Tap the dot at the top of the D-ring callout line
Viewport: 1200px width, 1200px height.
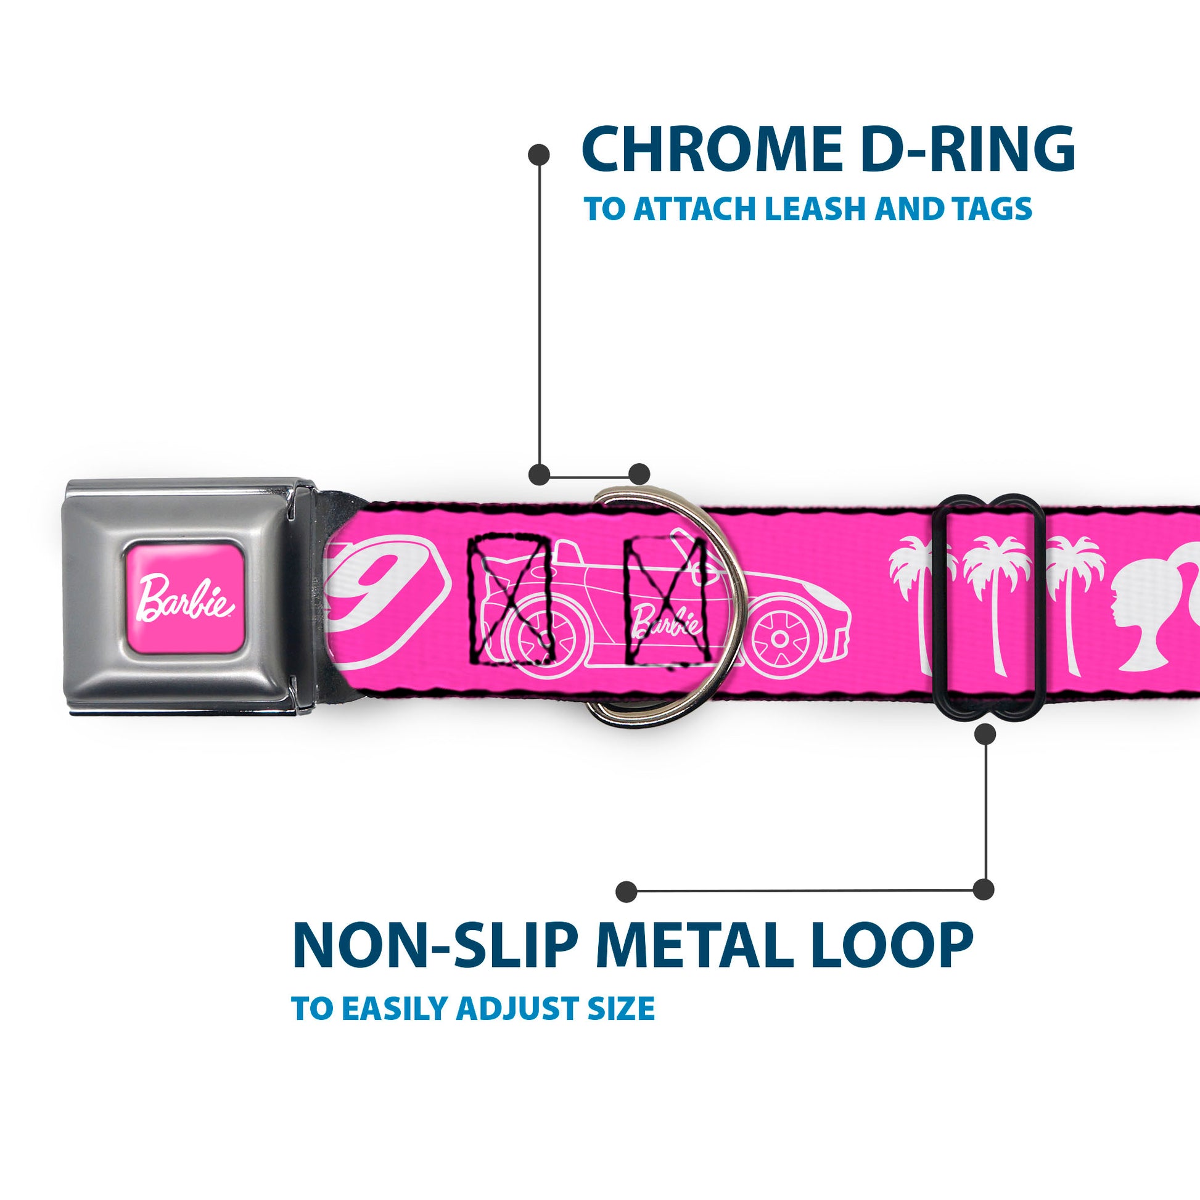[x=538, y=155]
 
